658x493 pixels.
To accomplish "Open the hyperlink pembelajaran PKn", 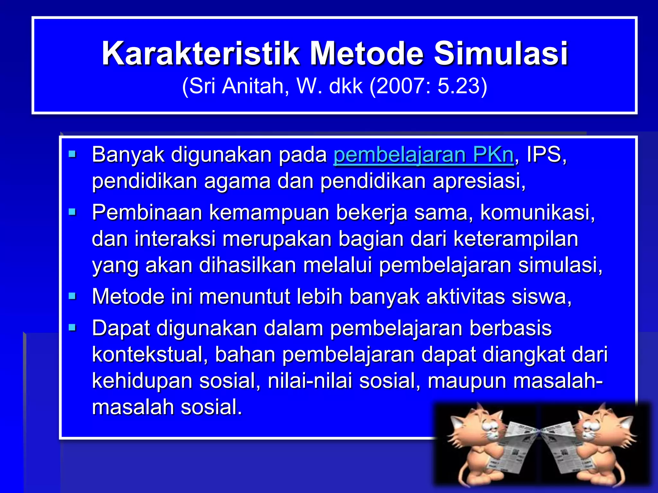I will [x=423, y=155].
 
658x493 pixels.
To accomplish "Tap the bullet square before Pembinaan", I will [x=72, y=212].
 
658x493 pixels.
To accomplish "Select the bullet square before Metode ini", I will [x=72, y=296].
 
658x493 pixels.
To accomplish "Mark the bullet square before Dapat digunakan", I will [x=72, y=328].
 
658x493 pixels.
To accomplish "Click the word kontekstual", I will [x=149, y=355].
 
